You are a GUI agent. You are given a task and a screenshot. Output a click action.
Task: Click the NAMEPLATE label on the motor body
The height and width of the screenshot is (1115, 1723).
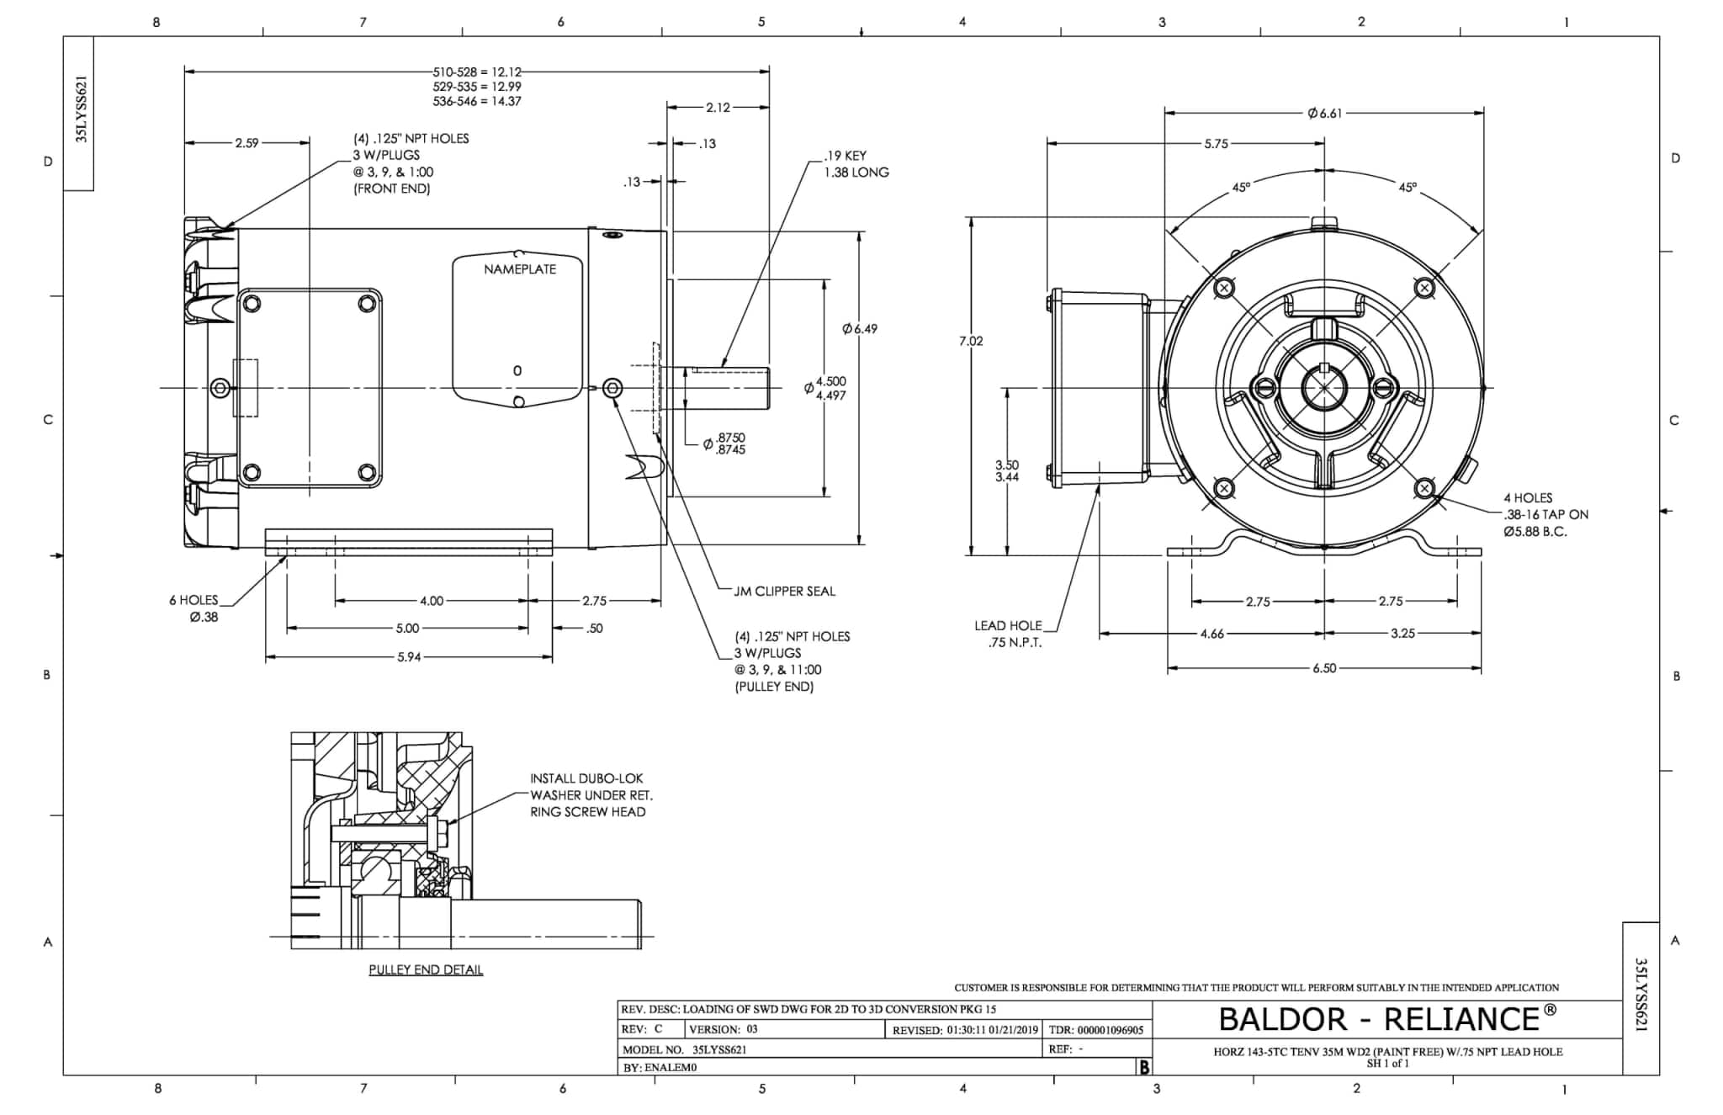[x=519, y=269]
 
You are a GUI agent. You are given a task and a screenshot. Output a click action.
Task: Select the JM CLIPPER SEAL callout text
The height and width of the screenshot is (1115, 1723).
[x=784, y=592]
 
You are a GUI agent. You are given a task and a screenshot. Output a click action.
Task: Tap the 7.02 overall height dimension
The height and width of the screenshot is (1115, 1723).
[x=970, y=341]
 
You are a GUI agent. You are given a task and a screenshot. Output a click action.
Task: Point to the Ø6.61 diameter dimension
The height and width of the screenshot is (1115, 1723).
[x=1324, y=114]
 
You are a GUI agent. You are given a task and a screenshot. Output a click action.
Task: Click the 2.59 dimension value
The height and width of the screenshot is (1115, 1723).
[x=247, y=144]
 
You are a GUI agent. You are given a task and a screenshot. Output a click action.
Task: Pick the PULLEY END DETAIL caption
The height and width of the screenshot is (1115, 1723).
[x=426, y=970]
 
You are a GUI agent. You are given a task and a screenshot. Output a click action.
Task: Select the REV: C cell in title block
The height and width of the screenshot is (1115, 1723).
[x=642, y=1029]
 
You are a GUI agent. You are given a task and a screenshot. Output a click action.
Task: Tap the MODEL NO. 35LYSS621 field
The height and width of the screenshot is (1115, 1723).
[x=684, y=1049]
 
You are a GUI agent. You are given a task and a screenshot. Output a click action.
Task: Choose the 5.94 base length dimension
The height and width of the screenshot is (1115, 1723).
[x=409, y=657]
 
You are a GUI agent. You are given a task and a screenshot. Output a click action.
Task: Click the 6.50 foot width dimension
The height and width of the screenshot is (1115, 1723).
[x=1324, y=668]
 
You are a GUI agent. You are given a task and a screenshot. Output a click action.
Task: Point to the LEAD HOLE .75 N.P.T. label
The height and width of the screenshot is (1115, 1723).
[x=1008, y=634]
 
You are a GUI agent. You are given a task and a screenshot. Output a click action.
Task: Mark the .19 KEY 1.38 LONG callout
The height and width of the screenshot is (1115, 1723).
[x=856, y=164]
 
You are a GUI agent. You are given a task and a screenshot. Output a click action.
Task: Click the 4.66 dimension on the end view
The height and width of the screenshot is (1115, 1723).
[x=1211, y=634]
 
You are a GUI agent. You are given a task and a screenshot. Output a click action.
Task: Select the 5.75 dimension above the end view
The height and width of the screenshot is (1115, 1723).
[x=1216, y=144]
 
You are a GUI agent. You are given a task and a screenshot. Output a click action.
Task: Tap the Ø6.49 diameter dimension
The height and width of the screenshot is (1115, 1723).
[x=859, y=329]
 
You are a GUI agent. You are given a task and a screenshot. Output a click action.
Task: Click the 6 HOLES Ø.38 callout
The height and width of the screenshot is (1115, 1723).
[x=194, y=608]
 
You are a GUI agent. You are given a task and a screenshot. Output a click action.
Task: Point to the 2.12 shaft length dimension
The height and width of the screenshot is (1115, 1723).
[x=718, y=108]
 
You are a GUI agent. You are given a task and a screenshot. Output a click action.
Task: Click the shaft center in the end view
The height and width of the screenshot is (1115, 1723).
[x=1324, y=388]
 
